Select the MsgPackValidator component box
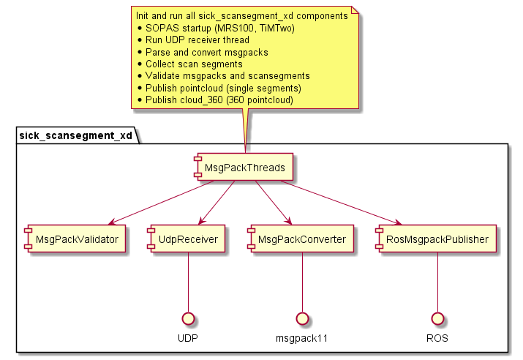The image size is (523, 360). [x=73, y=239]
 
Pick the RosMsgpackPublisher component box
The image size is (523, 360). [x=436, y=239]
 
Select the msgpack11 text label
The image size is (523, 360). [x=302, y=339]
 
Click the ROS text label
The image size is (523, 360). [x=437, y=339]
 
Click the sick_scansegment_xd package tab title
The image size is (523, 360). [x=75, y=135]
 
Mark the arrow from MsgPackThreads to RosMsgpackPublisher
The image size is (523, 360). [x=341, y=203]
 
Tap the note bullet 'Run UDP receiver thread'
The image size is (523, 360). [x=197, y=40]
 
